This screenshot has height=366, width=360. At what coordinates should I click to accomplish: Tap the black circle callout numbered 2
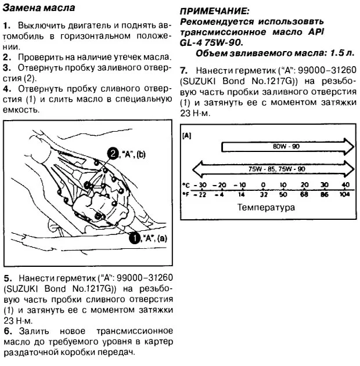pyautogui.click(x=113, y=153)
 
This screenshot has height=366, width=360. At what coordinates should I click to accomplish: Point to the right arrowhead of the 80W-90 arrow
pyautogui.click(x=348, y=147)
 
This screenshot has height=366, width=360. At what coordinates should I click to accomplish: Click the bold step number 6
pyautogui.click(x=6, y=331)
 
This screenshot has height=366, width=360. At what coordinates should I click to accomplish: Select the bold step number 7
pyautogui.click(x=183, y=70)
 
